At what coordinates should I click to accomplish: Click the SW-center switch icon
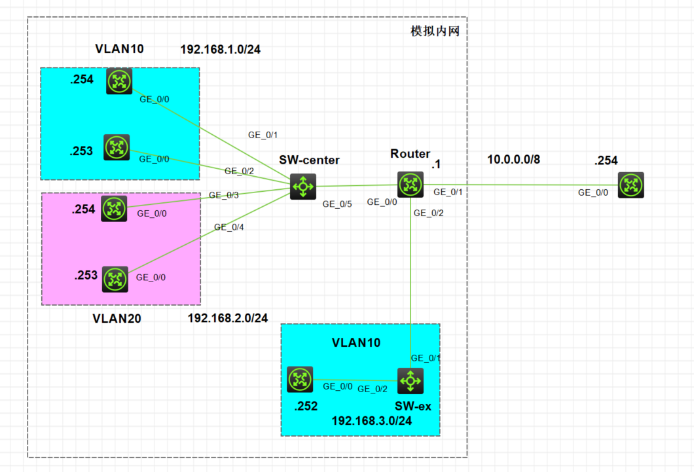303,187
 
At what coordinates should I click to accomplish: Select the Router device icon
411,185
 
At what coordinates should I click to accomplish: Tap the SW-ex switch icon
411,380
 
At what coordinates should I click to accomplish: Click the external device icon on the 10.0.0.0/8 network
630,185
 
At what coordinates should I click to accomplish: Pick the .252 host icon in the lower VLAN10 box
300,379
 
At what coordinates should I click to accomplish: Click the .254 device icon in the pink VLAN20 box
115,209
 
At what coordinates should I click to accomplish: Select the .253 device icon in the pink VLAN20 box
115,280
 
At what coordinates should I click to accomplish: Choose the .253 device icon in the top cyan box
117,147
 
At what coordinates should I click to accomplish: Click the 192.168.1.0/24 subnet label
221,49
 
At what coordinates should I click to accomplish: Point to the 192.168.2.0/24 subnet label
228,318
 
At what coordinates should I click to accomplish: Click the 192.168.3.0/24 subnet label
372,421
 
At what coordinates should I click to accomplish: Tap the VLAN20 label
117,319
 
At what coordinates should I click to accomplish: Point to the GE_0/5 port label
337,204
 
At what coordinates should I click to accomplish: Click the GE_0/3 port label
224,195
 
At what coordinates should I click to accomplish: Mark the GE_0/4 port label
229,227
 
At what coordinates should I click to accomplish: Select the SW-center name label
309,160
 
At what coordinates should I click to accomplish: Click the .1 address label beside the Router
435,166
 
